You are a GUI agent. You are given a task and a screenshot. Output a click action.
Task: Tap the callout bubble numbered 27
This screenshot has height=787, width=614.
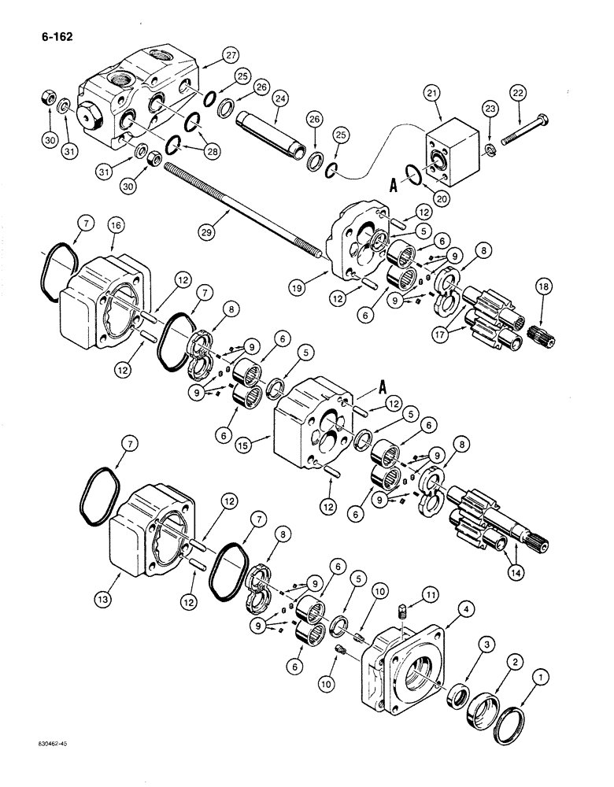[209, 54]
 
